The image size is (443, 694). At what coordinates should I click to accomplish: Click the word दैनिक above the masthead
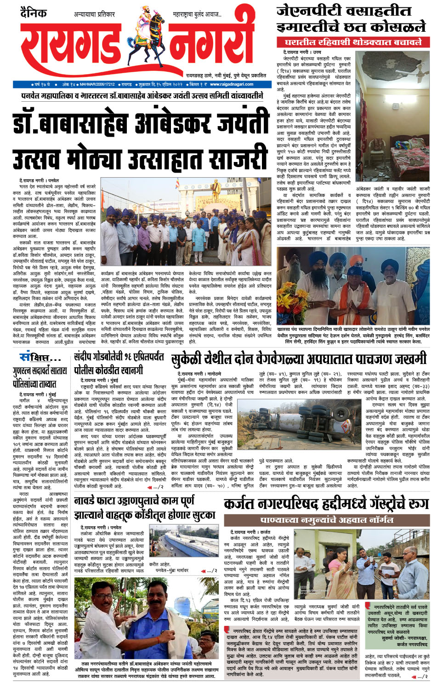pos(34,13)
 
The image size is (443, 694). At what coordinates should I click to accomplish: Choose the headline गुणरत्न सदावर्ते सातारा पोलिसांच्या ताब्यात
pos(40,377)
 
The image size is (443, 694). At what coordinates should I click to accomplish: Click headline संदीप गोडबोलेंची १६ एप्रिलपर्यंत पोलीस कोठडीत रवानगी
pos(119,363)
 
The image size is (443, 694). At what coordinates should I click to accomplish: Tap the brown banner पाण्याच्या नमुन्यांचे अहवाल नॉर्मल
pos(326,520)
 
